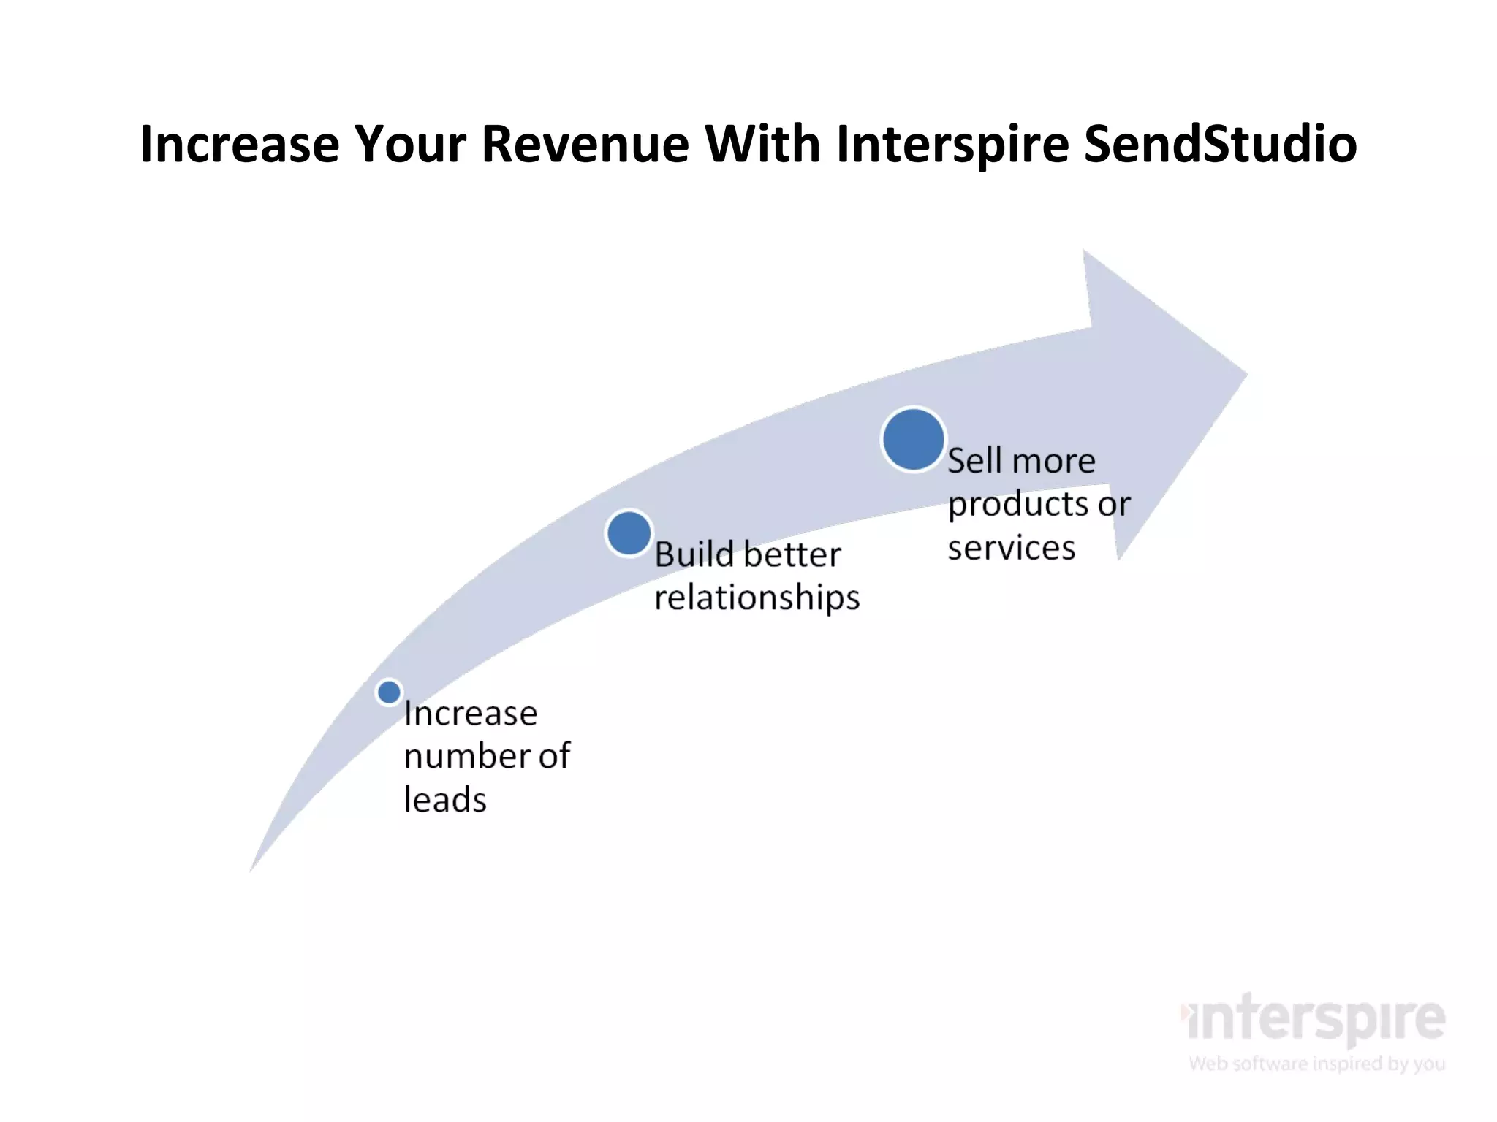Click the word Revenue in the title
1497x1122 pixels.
coord(585,144)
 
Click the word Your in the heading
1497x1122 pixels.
coord(410,144)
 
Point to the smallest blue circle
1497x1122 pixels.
coord(389,692)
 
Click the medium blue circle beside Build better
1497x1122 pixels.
coord(629,533)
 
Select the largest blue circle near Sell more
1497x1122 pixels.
coord(913,440)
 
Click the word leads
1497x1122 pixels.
coord(444,799)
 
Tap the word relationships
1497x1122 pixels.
coord(757,598)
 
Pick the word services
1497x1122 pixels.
coord(1011,548)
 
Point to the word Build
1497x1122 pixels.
coord(694,554)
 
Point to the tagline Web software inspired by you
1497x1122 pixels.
coord(1316,1064)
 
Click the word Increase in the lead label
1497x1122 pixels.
coord(470,714)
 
